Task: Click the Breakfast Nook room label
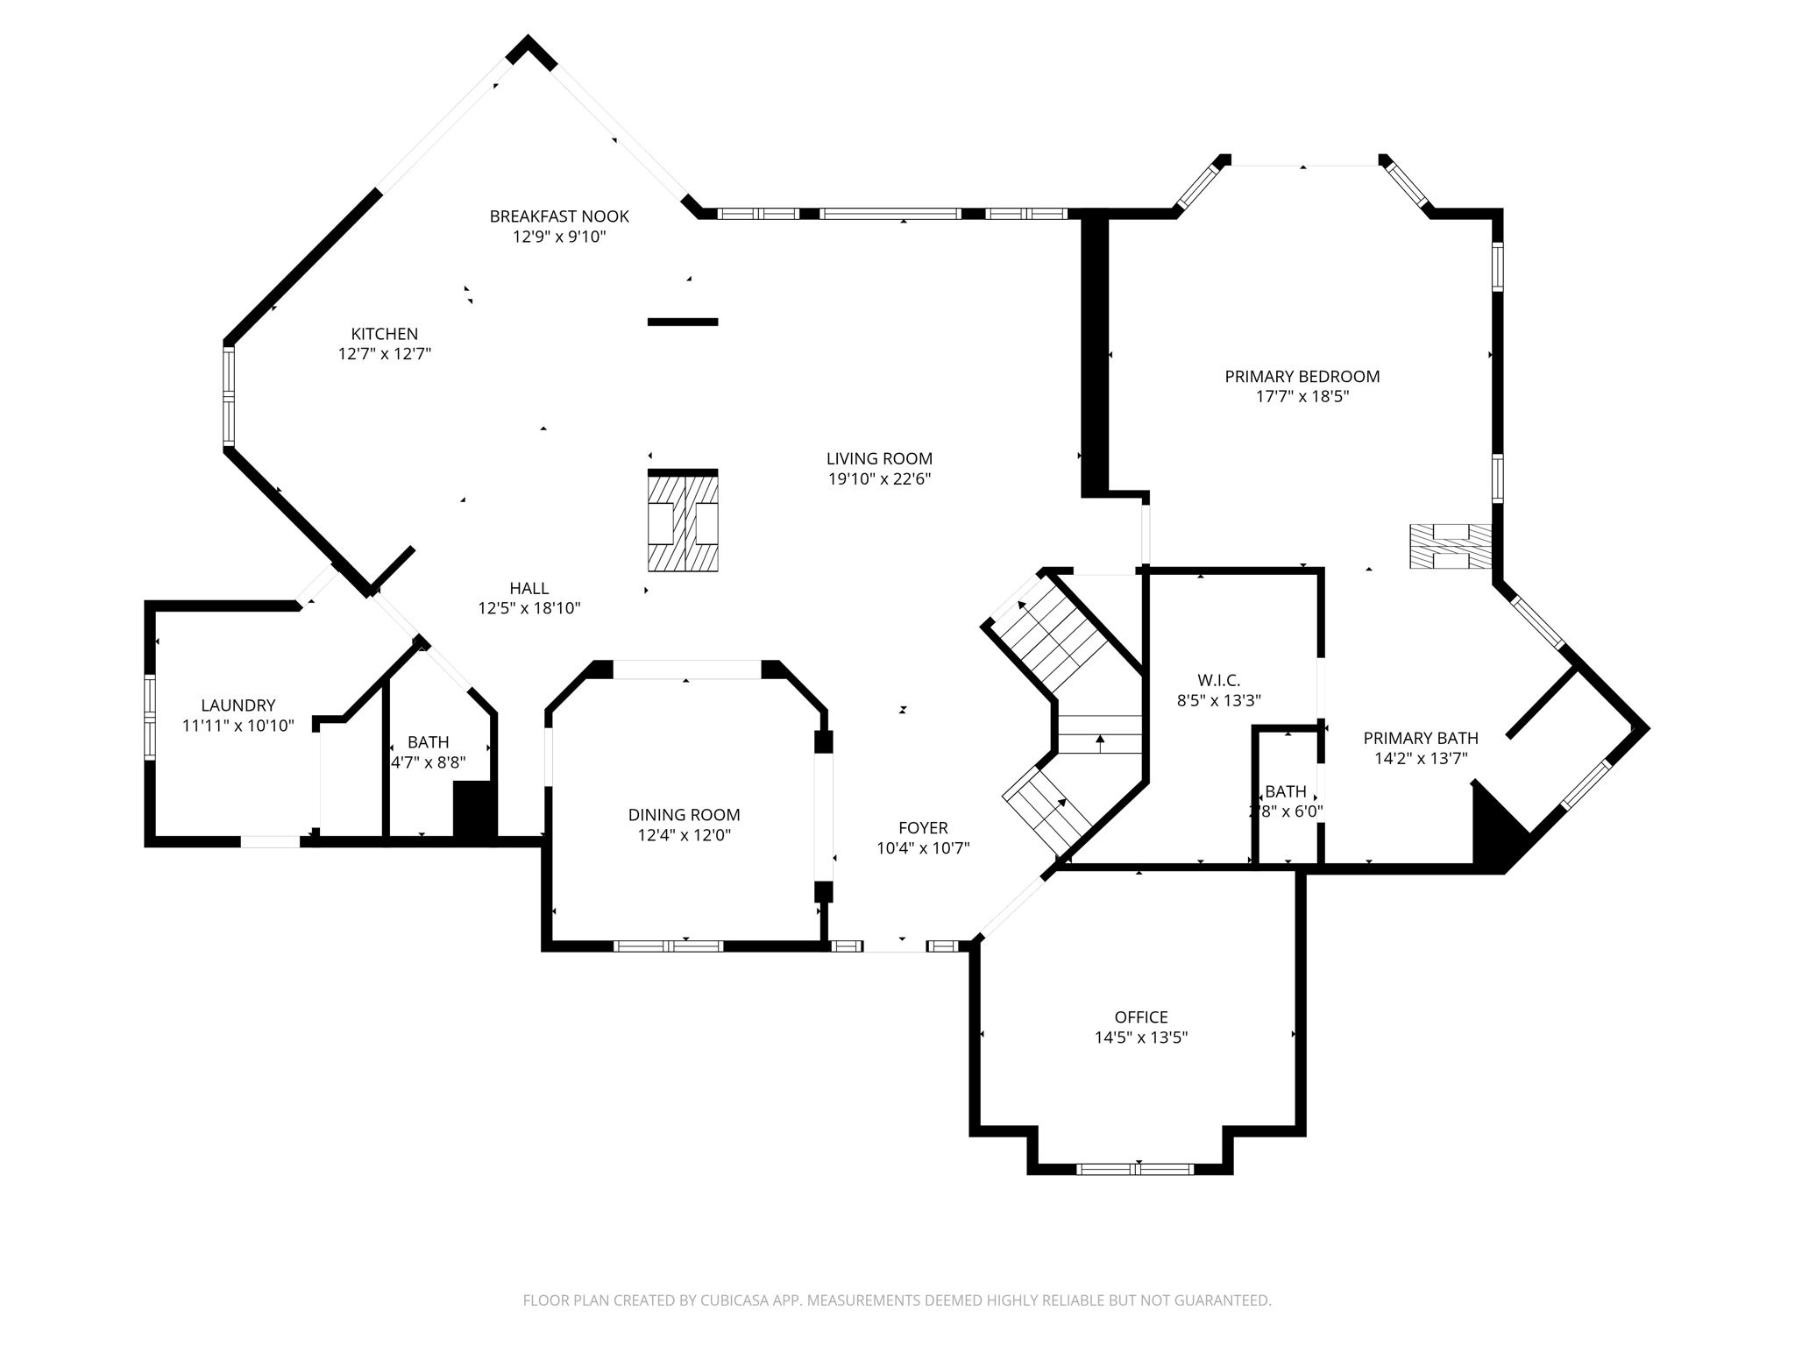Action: click(559, 216)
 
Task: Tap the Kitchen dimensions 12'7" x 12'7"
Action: click(385, 354)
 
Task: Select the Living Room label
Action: click(879, 458)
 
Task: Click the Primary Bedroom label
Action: click(1302, 376)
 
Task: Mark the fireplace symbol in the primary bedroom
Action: click(1450, 545)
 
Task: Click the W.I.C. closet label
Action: click(1218, 679)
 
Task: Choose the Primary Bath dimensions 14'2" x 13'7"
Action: click(1421, 758)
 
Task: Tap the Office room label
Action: click(1140, 1017)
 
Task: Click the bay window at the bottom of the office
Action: click(1134, 1168)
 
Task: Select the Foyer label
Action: click(923, 827)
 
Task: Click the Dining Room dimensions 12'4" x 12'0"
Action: click(684, 835)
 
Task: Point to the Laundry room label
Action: click(238, 705)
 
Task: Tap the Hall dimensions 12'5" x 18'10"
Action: click(529, 608)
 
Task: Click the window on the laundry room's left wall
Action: click(150, 716)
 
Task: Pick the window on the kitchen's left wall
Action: click(228, 395)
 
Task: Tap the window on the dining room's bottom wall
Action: click(668, 946)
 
